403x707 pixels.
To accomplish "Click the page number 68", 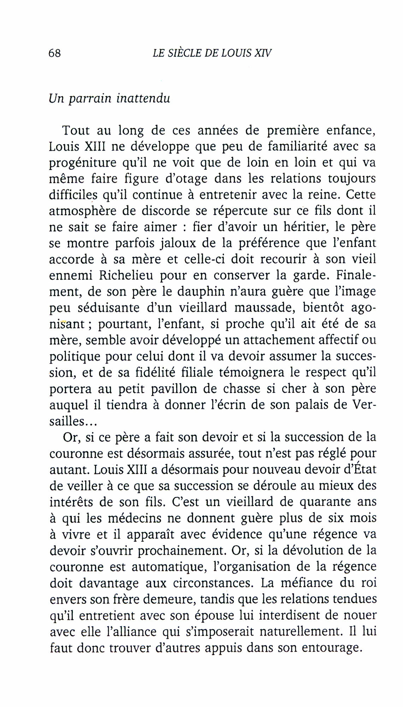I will (55, 53).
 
